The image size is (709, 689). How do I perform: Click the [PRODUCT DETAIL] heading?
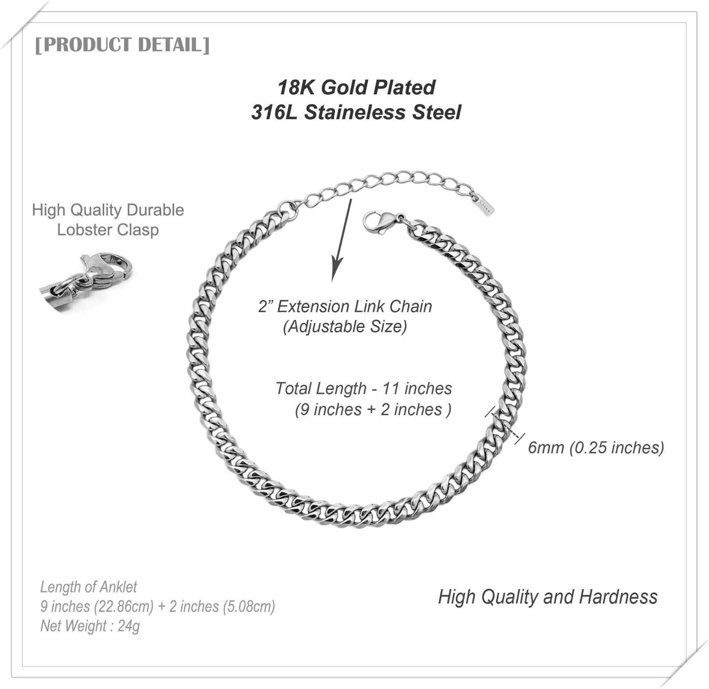coord(122,45)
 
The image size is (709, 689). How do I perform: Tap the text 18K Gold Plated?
coord(356,87)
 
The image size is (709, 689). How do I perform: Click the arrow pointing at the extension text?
coord(342,239)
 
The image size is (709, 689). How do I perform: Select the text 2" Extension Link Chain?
coord(345,307)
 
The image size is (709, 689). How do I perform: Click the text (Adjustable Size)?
coord(345,327)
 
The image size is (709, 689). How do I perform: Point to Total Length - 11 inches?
coord(363,389)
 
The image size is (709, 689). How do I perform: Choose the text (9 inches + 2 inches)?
coord(373,409)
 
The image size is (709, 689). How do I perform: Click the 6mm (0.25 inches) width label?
coord(596,448)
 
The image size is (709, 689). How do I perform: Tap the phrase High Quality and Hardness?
coord(547,597)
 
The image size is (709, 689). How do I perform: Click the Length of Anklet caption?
coord(89,587)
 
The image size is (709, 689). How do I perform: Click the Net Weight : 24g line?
coord(90,626)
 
